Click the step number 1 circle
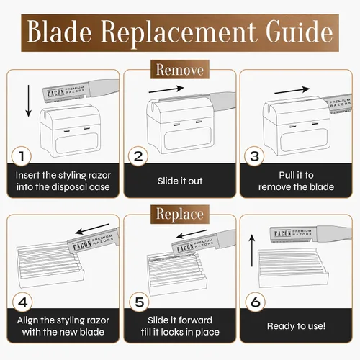pyautogui.click(x=22, y=156)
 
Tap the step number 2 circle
pyautogui.click(x=138, y=156)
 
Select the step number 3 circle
pyautogui.click(x=254, y=156)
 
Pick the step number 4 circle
pyautogui.click(x=22, y=302)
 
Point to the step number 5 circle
pyautogui.click(x=139, y=302)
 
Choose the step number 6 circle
pyautogui.click(x=256, y=302)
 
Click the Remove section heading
pyautogui.click(x=180, y=70)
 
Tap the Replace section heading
pyautogui.click(x=180, y=214)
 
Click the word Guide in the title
pyautogui.click(x=299, y=32)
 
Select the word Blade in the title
pyautogui.click(x=59, y=32)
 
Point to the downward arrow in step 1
pyautogui.click(x=29, y=101)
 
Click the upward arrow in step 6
pyautogui.click(x=252, y=251)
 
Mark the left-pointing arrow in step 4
pyautogui.click(x=92, y=229)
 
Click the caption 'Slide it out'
pyautogui.click(x=180, y=181)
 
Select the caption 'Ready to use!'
pyautogui.click(x=297, y=326)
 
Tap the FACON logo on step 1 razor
pyautogui.click(x=55, y=93)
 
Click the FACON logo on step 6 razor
pyautogui.click(x=282, y=233)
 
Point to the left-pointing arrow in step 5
pyautogui.click(x=192, y=234)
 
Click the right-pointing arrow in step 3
pyautogui.click(x=292, y=90)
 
